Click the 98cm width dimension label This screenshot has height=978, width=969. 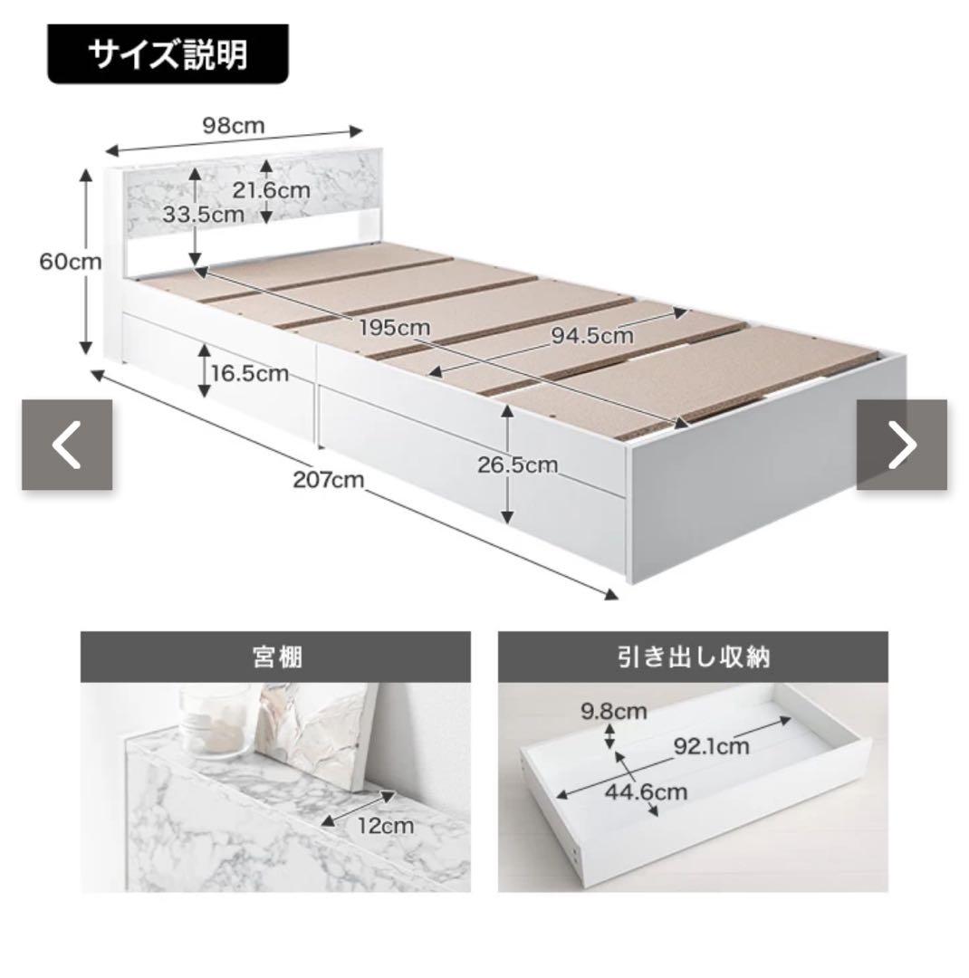coord(234,126)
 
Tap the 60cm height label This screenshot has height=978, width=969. coord(70,262)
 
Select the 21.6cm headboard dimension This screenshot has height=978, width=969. coord(272,189)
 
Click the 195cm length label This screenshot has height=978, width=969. coord(394,328)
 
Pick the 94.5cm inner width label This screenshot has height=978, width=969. coord(591,336)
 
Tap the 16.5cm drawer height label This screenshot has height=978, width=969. coord(250,374)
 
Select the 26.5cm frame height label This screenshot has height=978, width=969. coord(518,465)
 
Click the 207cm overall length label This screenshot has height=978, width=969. coord(328,480)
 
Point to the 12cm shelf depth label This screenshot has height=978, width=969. coord(386,826)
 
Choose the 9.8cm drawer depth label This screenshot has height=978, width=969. coord(614,711)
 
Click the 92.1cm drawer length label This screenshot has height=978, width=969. coord(711,746)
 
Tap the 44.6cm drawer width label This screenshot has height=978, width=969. coord(646,792)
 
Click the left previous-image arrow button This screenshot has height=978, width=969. coord(67,445)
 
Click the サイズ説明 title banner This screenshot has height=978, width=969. coord(168,54)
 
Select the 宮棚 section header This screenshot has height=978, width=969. coord(276,657)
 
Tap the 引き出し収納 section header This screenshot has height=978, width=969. coord(693,657)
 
